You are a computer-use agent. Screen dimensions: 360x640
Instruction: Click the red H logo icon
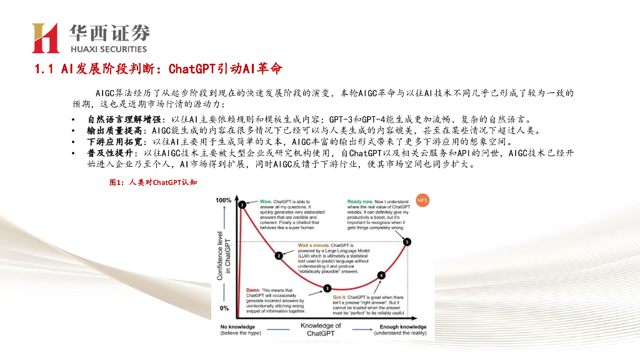(45, 37)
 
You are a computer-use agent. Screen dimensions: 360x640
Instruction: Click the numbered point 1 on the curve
(241, 204)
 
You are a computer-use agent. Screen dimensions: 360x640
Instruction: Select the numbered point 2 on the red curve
(279, 255)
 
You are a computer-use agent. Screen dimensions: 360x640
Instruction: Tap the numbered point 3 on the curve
(326, 288)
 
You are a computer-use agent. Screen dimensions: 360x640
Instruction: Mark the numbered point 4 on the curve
(381, 275)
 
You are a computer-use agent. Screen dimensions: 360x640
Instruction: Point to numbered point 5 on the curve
(407, 241)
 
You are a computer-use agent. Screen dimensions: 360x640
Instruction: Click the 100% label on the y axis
(223, 201)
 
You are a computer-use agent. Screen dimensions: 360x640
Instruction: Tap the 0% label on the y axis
(224, 308)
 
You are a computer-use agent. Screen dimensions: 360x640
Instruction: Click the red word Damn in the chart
(253, 291)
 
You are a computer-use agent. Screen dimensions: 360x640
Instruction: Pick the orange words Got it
(339, 297)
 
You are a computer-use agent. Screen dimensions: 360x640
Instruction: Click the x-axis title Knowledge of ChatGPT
(321, 329)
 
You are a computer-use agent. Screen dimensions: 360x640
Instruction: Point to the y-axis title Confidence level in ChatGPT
(223, 254)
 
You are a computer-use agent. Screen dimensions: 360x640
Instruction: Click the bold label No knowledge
(237, 327)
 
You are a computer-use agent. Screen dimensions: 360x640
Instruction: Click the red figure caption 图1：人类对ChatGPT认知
(153, 182)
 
